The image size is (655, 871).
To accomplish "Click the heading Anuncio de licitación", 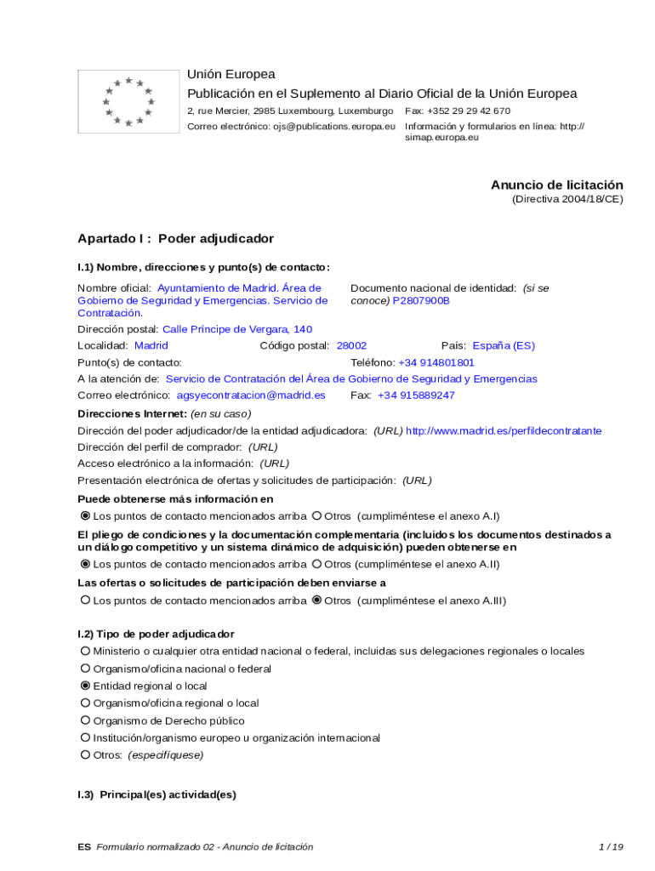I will pyautogui.click(x=556, y=185).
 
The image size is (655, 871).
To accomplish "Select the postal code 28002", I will pyautogui.click(x=351, y=345).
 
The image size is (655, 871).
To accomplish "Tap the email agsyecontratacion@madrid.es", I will pyautogui.click(x=251, y=396).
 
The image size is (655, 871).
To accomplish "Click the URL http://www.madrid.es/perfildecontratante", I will pyautogui.click(x=504, y=431).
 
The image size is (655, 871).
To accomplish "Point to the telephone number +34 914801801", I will pyautogui.click(x=436, y=362).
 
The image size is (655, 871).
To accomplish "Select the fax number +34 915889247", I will pyautogui.click(x=416, y=396).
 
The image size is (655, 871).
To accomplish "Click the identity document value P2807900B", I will pyautogui.click(x=421, y=301).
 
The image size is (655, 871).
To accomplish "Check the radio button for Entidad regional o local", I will pyautogui.click(x=85, y=686).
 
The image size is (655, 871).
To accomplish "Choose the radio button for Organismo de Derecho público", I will pyautogui.click(x=85, y=720).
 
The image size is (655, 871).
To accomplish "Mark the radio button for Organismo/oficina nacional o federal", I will pyautogui.click(x=85, y=669).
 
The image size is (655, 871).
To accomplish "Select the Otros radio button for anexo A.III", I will pyautogui.click(x=316, y=601).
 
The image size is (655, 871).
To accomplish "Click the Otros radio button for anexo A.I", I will pyautogui.click(x=316, y=515).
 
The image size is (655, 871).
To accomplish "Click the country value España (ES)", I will pyautogui.click(x=504, y=345).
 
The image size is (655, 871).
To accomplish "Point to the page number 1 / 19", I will pyautogui.click(x=611, y=846).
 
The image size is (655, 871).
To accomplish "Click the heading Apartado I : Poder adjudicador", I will pyautogui.click(x=175, y=238).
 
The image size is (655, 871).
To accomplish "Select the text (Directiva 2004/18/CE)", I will pyautogui.click(x=567, y=199).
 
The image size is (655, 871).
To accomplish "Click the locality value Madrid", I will pyautogui.click(x=151, y=345).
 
